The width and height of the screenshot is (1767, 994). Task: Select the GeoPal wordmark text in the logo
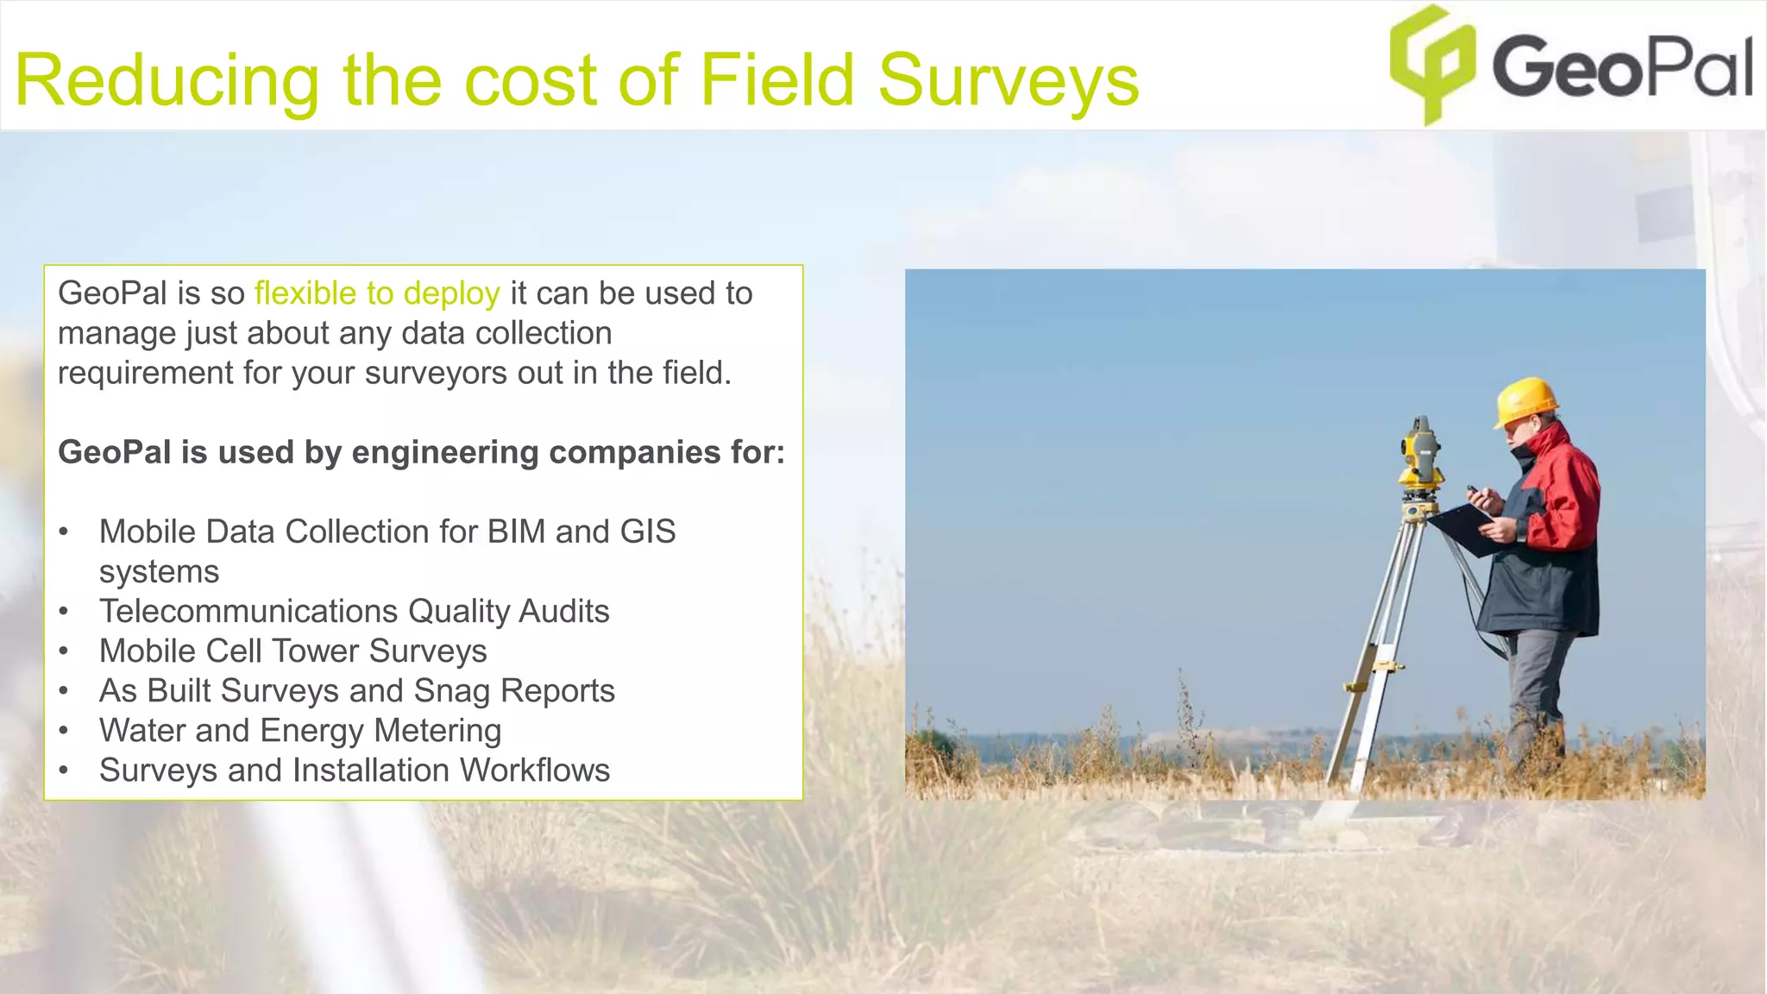pos(1622,67)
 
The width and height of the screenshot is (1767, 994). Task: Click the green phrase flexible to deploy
pos(377,294)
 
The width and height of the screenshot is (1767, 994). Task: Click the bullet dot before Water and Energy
pos(64,731)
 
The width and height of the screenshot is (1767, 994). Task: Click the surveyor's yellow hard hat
pos(1525,399)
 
